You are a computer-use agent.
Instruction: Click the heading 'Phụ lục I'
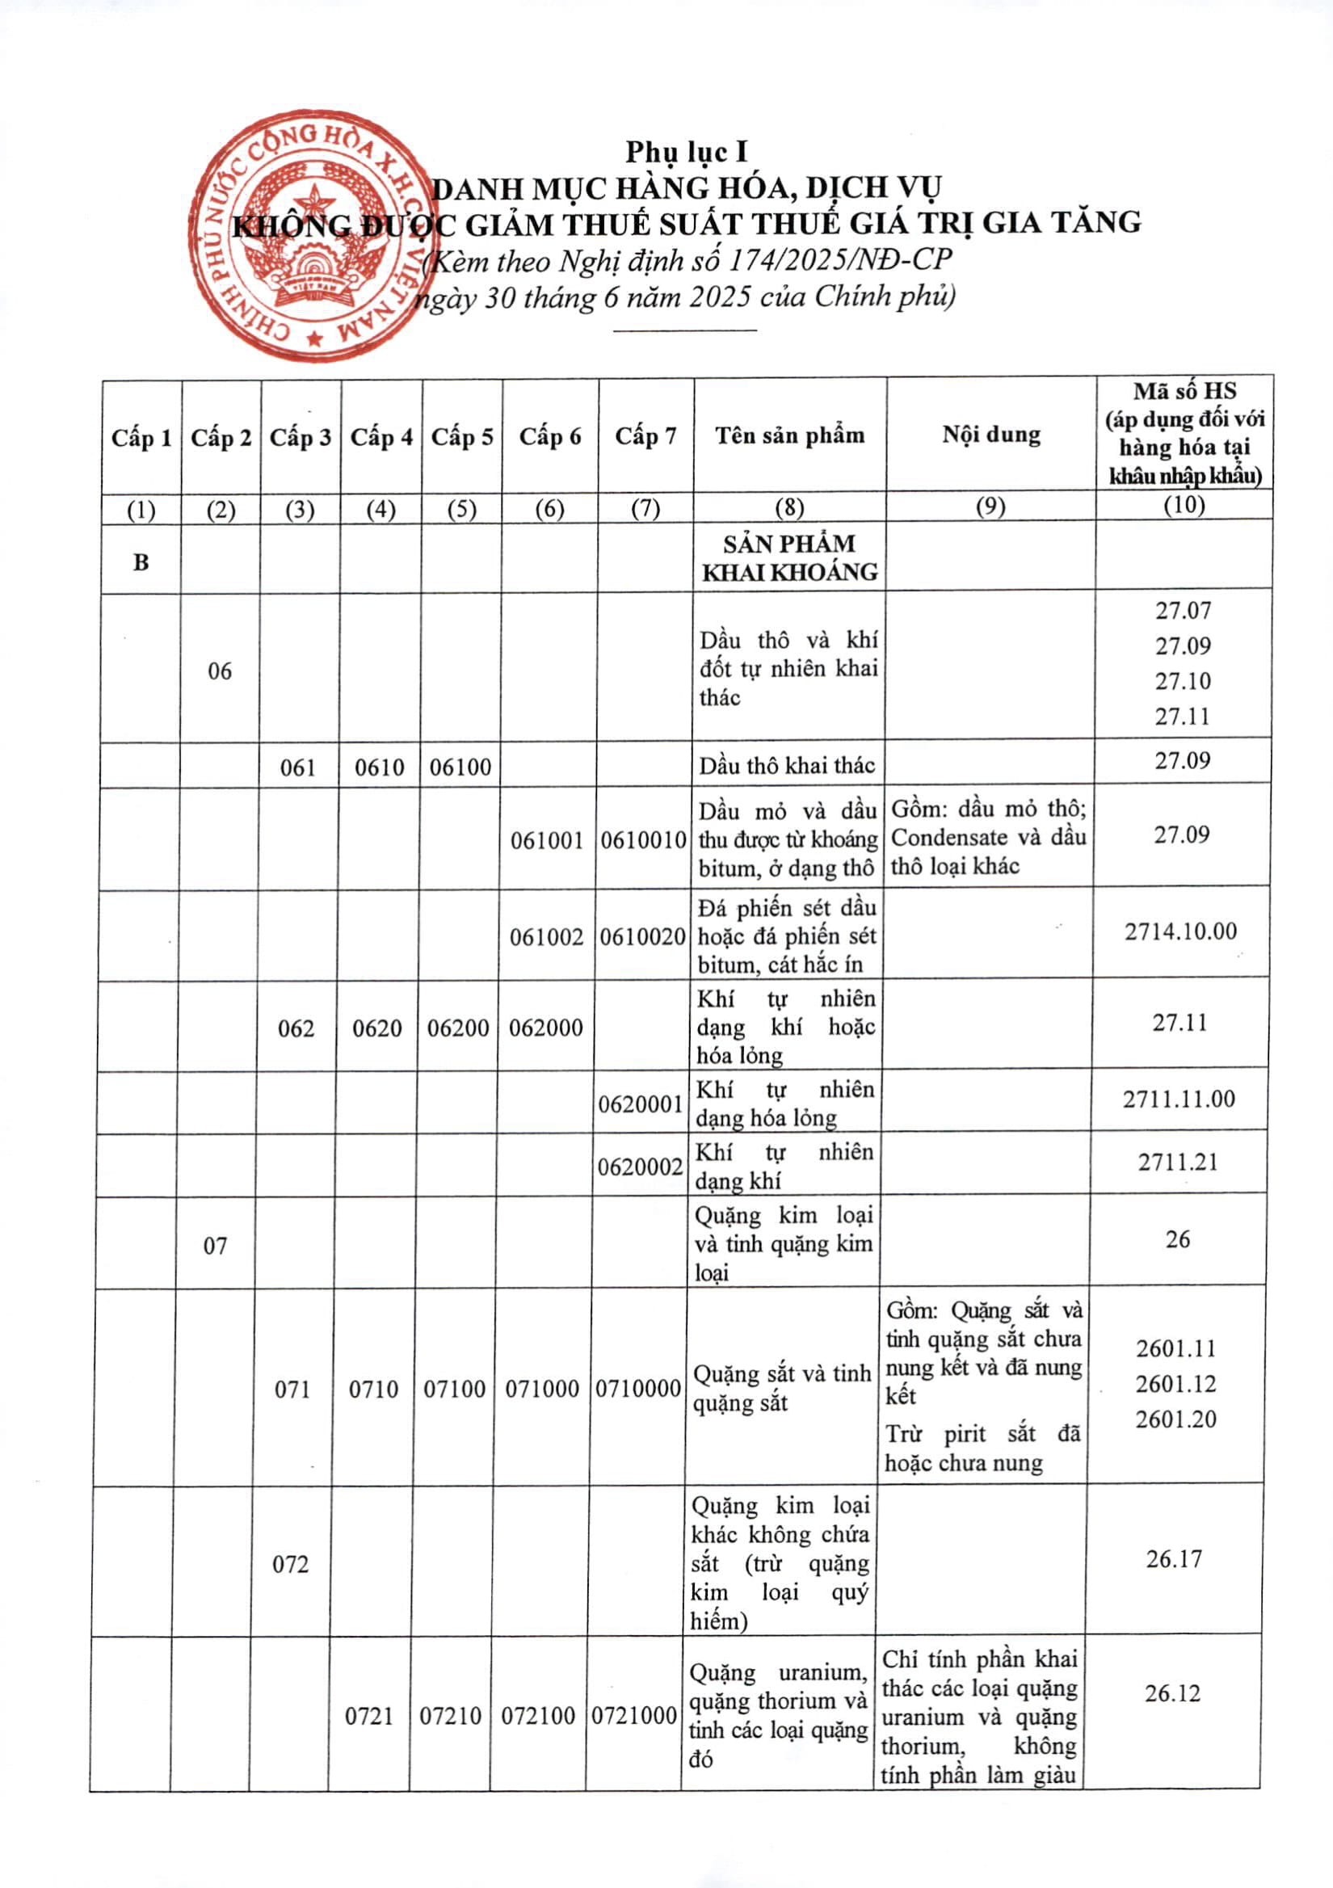click(x=686, y=152)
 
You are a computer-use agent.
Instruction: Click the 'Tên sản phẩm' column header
click(x=789, y=435)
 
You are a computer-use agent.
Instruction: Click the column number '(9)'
click(x=990, y=507)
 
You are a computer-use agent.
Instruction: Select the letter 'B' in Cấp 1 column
click(x=141, y=562)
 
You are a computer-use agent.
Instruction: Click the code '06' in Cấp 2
click(x=220, y=671)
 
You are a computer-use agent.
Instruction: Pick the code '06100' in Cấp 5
click(x=460, y=767)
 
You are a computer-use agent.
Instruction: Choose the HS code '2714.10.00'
click(x=1181, y=931)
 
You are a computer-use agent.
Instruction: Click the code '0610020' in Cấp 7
click(x=642, y=936)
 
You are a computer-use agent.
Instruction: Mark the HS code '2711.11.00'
click(x=1180, y=1099)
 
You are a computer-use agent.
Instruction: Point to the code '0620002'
click(x=641, y=1166)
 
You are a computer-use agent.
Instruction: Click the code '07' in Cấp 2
click(x=216, y=1246)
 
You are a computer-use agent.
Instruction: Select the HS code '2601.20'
click(x=1176, y=1419)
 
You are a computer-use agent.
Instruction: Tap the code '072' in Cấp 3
click(x=290, y=1563)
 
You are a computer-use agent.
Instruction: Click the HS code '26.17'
click(x=1175, y=1558)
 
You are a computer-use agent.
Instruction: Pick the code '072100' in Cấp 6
click(x=538, y=1715)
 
